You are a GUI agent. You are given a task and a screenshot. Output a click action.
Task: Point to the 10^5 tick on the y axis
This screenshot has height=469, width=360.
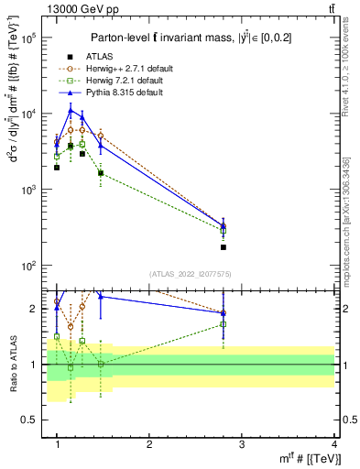tap(30, 38)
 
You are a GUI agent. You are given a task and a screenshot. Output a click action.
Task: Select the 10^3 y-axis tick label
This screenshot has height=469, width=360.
tap(30, 191)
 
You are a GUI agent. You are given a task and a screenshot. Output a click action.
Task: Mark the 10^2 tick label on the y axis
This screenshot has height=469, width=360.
tap(30, 266)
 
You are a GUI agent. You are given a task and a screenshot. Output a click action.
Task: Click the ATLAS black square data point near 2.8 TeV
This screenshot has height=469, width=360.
tap(224, 247)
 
